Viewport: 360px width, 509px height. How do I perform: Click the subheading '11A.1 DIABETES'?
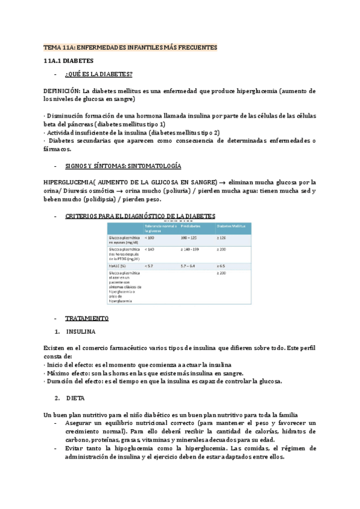point(69,61)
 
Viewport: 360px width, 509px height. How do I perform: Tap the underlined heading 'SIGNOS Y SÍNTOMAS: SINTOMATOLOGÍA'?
point(123,165)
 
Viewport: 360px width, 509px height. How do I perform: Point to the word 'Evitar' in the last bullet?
point(76,448)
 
